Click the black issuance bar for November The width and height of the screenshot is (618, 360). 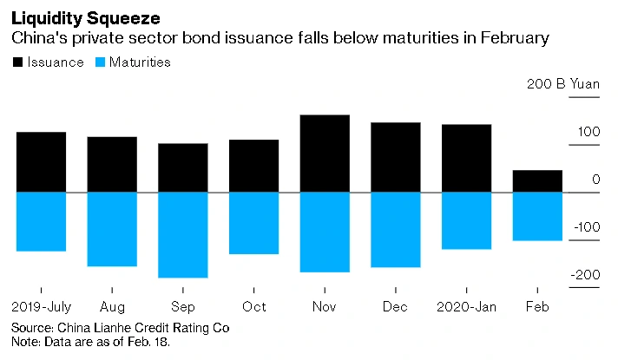(325, 154)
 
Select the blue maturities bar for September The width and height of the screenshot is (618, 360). (182, 234)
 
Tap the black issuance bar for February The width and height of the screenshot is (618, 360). (537, 180)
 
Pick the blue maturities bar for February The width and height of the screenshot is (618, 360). (537, 216)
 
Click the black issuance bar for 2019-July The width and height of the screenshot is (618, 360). (41, 161)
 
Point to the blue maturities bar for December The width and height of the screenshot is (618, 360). (396, 229)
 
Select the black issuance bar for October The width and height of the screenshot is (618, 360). (253, 166)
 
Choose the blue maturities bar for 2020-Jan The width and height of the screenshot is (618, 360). (467, 220)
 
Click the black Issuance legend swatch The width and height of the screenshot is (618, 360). (17, 62)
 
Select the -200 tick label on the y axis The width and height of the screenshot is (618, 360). (583, 275)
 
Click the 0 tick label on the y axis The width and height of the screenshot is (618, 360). (595, 180)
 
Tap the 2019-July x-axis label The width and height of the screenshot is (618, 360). (41, 307)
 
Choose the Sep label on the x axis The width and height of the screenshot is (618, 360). (182, 307)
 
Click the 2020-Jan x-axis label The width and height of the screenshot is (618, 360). (467, 307)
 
